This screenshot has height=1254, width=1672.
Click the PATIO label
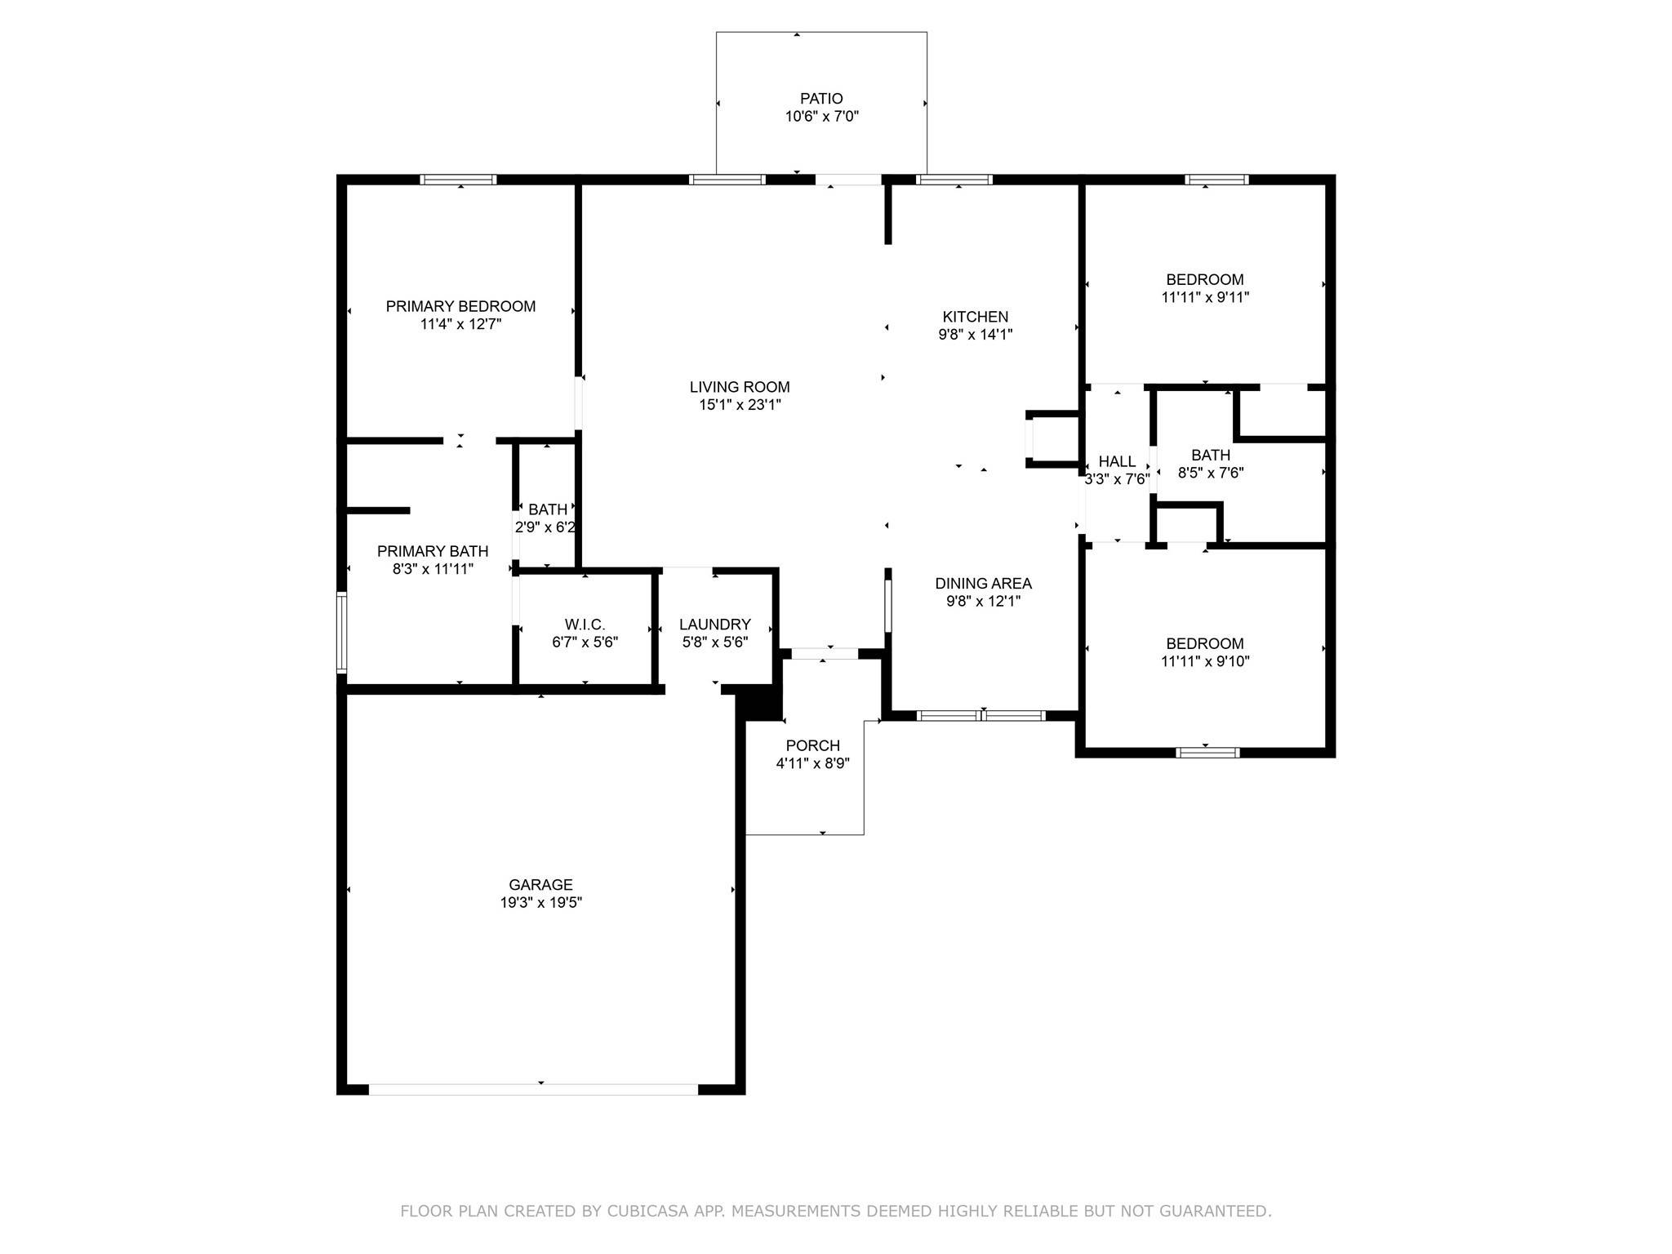(x=821, y=99)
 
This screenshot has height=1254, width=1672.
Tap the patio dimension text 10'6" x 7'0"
(x=821, y=117)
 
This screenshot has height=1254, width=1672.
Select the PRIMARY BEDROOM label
(x=460, y=306)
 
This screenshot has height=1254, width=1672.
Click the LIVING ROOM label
(x=740, y=387)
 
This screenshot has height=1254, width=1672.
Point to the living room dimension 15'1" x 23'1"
(x=740, y=405)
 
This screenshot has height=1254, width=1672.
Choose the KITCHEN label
(x=976, y=317)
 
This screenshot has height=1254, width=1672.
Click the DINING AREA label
(x=983, y=584)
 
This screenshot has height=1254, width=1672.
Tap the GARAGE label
(x=540, y=885)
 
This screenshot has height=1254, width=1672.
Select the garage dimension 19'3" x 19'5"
(x=540, y=903)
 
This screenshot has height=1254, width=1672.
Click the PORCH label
(x=812, y=745)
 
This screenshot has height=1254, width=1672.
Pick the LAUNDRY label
(x=715, y=625)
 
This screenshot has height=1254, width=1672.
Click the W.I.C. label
(x=585, y=625)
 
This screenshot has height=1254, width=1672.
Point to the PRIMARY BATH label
(x=433, y=551)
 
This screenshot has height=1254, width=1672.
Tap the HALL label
(x=1117, y=462)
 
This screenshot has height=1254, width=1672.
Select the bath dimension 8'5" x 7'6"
(x=1211, y=473)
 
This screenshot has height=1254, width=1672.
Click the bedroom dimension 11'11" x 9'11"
(x=1205, y=298)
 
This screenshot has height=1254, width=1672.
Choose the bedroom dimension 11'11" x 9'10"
(x=1205, y=662)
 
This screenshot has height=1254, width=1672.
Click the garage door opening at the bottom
(x=534, y=1089)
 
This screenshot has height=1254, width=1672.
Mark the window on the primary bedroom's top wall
(x=458, y=180)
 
